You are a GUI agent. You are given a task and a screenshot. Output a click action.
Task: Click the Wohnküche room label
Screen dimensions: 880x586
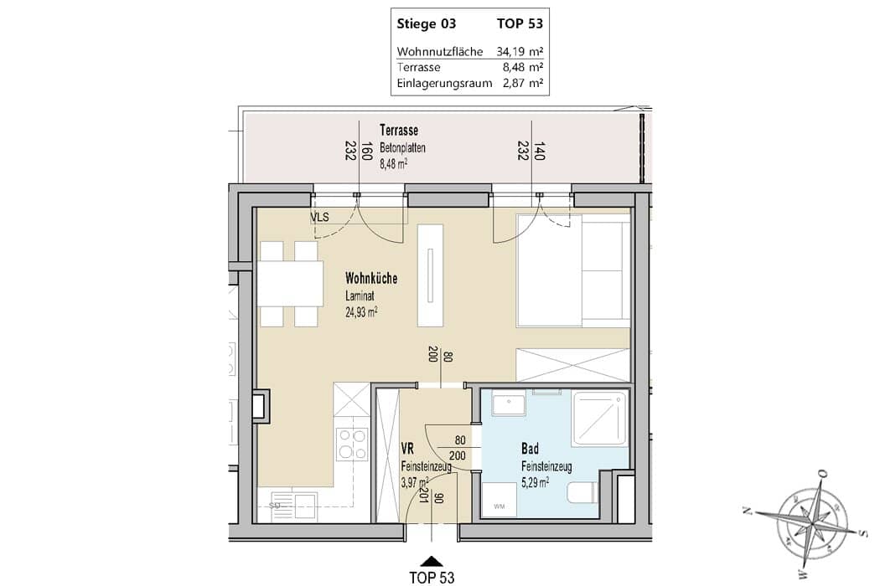pos(371,278)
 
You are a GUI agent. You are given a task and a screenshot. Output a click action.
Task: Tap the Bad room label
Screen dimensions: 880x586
pos(530,449)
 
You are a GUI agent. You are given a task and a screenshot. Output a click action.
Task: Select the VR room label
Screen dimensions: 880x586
pos(407,449)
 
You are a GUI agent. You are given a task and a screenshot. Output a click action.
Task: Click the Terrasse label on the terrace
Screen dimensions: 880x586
pos(398,130)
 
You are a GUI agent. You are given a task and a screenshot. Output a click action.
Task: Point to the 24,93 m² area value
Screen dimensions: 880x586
pos(361,311)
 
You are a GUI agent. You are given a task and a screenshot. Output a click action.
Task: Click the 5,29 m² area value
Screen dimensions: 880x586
pos(535,481)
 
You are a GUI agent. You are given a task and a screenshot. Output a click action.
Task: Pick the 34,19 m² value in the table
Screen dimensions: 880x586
pos(520,52)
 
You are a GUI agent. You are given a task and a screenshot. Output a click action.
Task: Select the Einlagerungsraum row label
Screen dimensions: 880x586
pos(444,83)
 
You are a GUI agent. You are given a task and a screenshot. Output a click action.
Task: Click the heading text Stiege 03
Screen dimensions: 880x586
pos(427,23)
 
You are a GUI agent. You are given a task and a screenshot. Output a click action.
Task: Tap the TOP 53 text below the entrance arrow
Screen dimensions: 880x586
pos(432,578)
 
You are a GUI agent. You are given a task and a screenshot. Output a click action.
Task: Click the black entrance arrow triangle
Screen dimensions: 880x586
pos(432,562)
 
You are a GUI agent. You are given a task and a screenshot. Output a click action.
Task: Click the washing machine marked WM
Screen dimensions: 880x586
pos(499,499)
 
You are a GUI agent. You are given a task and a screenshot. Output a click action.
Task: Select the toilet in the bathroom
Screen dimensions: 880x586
pos(582,491)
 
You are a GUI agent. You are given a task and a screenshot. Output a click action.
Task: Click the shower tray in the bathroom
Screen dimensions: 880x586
pos(600,418)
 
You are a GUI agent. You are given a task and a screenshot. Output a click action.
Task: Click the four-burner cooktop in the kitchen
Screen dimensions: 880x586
pos(353,444)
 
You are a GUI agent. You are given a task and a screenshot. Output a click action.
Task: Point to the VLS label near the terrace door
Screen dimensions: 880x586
pos(320,218)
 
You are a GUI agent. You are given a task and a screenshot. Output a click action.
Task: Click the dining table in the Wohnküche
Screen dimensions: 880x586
pos(291,284)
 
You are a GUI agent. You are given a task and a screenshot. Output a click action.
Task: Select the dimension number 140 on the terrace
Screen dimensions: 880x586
pos(540,152)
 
